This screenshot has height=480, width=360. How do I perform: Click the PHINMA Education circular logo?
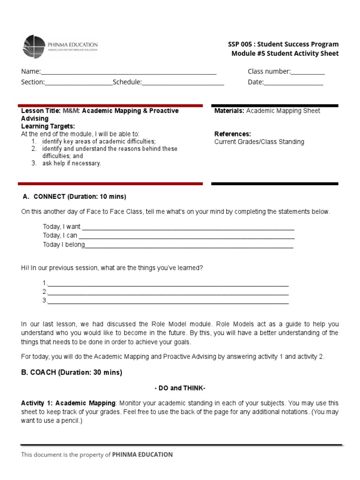click(x=34, y=46)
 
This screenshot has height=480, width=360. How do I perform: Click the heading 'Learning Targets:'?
click(x=48, y=127)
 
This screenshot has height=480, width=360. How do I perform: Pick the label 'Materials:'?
click(x=229, y=111)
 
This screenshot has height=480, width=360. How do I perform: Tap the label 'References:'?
click(x=232, y=134)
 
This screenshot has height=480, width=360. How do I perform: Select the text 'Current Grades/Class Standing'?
click(x=259, y=142)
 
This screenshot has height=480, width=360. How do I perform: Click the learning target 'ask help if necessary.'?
click(x=71, y=164)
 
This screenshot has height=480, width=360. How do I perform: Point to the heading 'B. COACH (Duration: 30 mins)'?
click(x=71, y=373)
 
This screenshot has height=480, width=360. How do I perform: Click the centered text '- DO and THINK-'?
click(x=180, y=389)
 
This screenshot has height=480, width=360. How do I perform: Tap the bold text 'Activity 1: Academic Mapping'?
click(x=68, y=404)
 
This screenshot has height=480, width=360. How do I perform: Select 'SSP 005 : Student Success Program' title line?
click(x=283, y=45)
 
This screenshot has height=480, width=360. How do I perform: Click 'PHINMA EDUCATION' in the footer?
click(x=142, y=455)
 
